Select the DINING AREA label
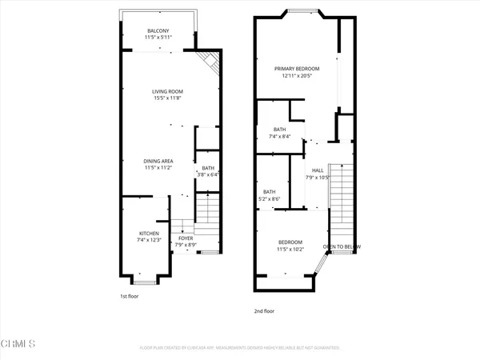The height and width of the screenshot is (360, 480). [159, 161]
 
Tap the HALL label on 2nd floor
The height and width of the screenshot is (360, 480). [318, 170]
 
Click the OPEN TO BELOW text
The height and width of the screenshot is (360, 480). [339, 246]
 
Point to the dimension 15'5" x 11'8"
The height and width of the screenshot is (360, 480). [168, 98]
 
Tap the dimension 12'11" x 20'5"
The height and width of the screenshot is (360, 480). [296, 75]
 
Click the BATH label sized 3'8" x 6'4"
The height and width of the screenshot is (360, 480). [207, 168]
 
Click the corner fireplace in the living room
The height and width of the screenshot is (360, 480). [211, 62]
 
